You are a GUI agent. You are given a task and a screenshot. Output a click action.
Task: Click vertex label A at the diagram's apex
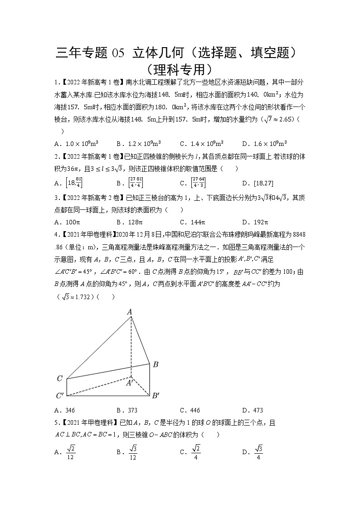[x=129, y=312]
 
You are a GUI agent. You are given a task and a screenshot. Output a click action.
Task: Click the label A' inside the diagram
[x=129, y=383]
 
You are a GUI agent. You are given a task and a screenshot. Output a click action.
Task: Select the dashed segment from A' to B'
[x=141, y=386]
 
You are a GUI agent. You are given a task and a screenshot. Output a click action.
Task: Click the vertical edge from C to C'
[x=67, y=387]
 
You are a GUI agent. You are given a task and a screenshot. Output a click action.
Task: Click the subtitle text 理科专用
[x=180, y=70]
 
